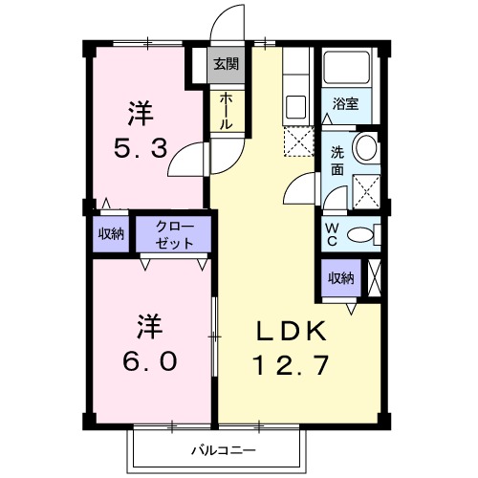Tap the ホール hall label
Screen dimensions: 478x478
click(226, 111)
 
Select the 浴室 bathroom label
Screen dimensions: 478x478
click(345, 103)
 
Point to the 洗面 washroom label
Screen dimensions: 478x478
click(337, 160)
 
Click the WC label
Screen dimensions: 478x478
click(332, 234)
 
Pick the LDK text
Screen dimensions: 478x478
click(292, 332)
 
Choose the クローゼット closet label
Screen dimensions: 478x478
click(176, 235)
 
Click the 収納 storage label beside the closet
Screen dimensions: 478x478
click(111, 235)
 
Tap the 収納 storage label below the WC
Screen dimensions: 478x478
click(341, 278)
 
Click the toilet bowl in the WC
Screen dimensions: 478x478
click(361, 235)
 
